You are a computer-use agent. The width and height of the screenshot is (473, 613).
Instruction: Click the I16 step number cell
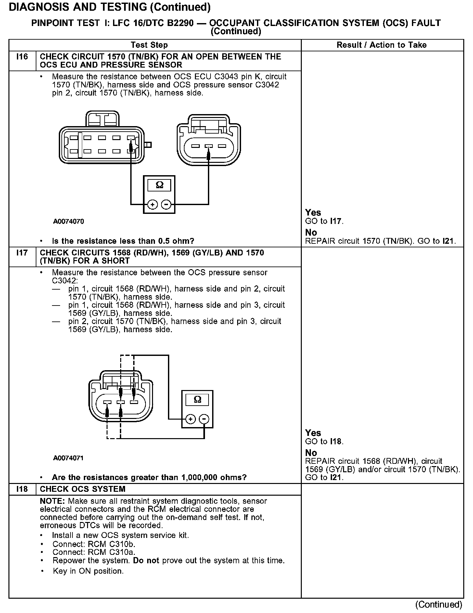[x=22, y=57]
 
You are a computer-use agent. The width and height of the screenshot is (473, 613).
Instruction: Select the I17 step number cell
[x=22, y=253]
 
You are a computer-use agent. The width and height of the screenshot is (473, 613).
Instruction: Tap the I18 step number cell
[x=22, y=489]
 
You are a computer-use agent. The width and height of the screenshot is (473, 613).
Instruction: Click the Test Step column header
[x=149, y=45]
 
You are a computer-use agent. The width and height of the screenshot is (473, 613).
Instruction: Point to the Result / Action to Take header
[x=381, y=45]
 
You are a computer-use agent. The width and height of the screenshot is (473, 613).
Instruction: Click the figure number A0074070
[x=69, y=221]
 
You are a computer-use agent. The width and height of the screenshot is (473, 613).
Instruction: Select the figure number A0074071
[x=69, y=458]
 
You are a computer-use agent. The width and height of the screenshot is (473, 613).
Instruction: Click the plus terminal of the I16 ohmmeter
[x=152, y=204]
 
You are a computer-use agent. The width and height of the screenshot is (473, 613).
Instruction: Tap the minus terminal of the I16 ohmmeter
[x=166, y=204]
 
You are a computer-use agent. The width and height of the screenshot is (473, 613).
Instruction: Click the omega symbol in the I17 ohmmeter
[x=197, y=399]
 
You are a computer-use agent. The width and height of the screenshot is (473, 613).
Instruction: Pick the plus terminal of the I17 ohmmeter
[x=190, y=419]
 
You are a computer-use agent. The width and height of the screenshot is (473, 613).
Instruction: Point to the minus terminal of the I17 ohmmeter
[x=204, y=419]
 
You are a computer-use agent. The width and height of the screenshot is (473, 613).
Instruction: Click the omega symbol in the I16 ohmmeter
[x=159, y=185]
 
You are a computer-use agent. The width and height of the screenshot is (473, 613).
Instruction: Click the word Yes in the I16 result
[x=313, y=213]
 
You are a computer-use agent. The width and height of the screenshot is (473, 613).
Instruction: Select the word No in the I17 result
[x=311, y=453]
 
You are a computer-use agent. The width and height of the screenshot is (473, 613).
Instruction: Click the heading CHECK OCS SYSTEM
[x=83, y=489]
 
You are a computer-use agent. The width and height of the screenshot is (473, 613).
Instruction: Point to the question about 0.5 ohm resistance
[x=123, y=241]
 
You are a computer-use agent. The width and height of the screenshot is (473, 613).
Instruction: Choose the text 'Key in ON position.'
[x=88, y=571]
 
